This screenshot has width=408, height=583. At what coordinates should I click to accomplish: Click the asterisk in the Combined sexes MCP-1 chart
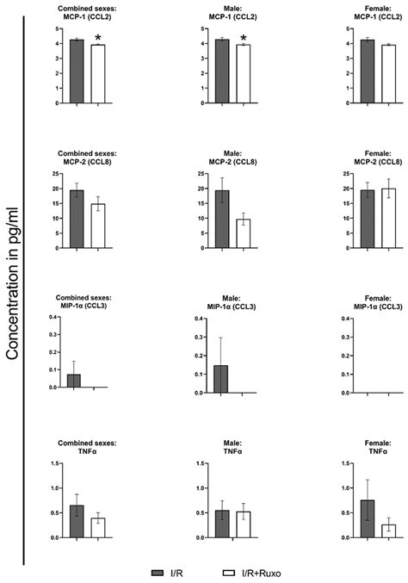(x=99, y=38)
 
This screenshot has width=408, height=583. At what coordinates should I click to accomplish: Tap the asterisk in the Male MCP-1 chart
(x=244, y=38)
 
